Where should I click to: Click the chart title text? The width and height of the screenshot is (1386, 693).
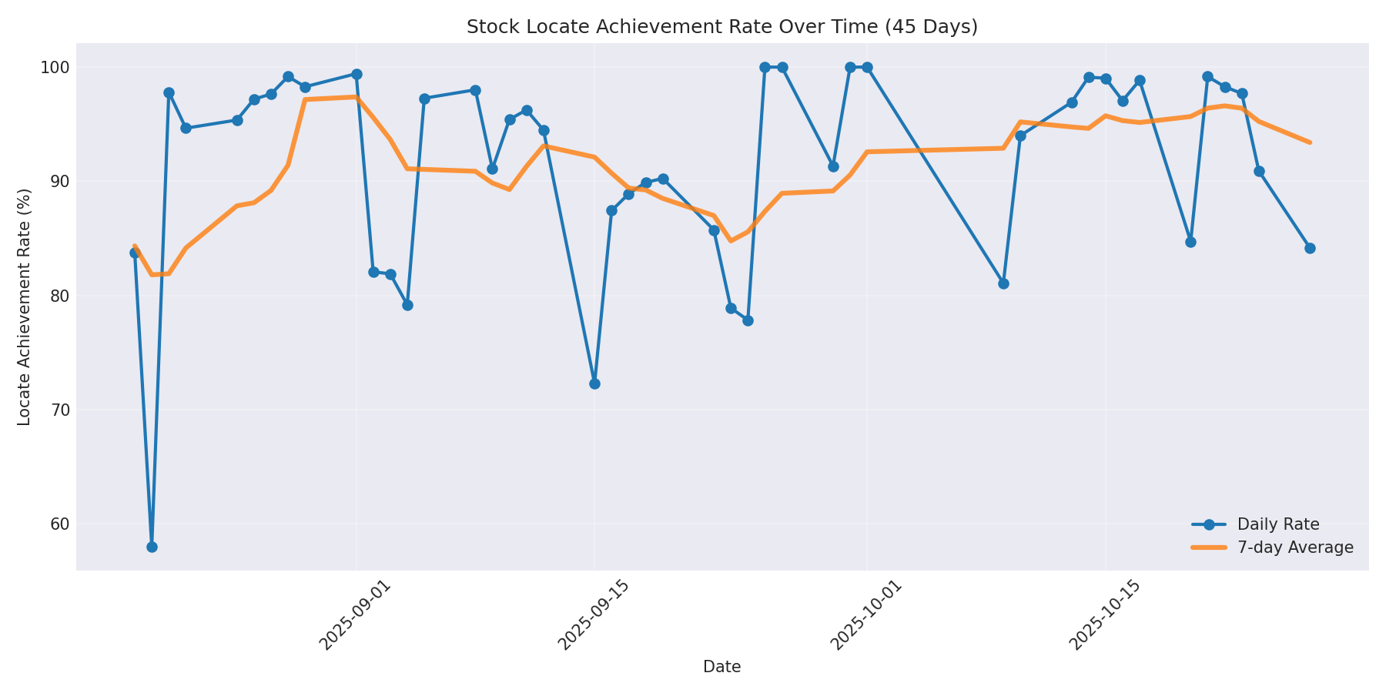coord(721,27)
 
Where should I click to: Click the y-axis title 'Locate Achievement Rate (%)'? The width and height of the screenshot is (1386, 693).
coord(25,306)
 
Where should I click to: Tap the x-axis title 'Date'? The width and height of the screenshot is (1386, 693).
coord(721,668)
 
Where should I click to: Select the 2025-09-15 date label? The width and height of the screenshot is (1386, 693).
coord(594,615)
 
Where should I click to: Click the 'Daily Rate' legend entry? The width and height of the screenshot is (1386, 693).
coord(1277,524)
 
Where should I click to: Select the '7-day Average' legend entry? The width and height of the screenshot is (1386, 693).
coord(1294,547)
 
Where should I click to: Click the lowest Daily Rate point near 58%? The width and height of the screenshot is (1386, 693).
coord(152,547)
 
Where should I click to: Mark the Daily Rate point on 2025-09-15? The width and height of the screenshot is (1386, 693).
coord(594,383)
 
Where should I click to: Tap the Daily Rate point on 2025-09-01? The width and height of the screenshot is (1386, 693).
coord(357,74)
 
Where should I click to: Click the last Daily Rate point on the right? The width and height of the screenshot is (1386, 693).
coord(1310,248)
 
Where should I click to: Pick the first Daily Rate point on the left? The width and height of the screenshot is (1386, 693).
coord(135,253)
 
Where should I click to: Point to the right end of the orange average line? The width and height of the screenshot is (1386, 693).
coord(1310,142)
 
